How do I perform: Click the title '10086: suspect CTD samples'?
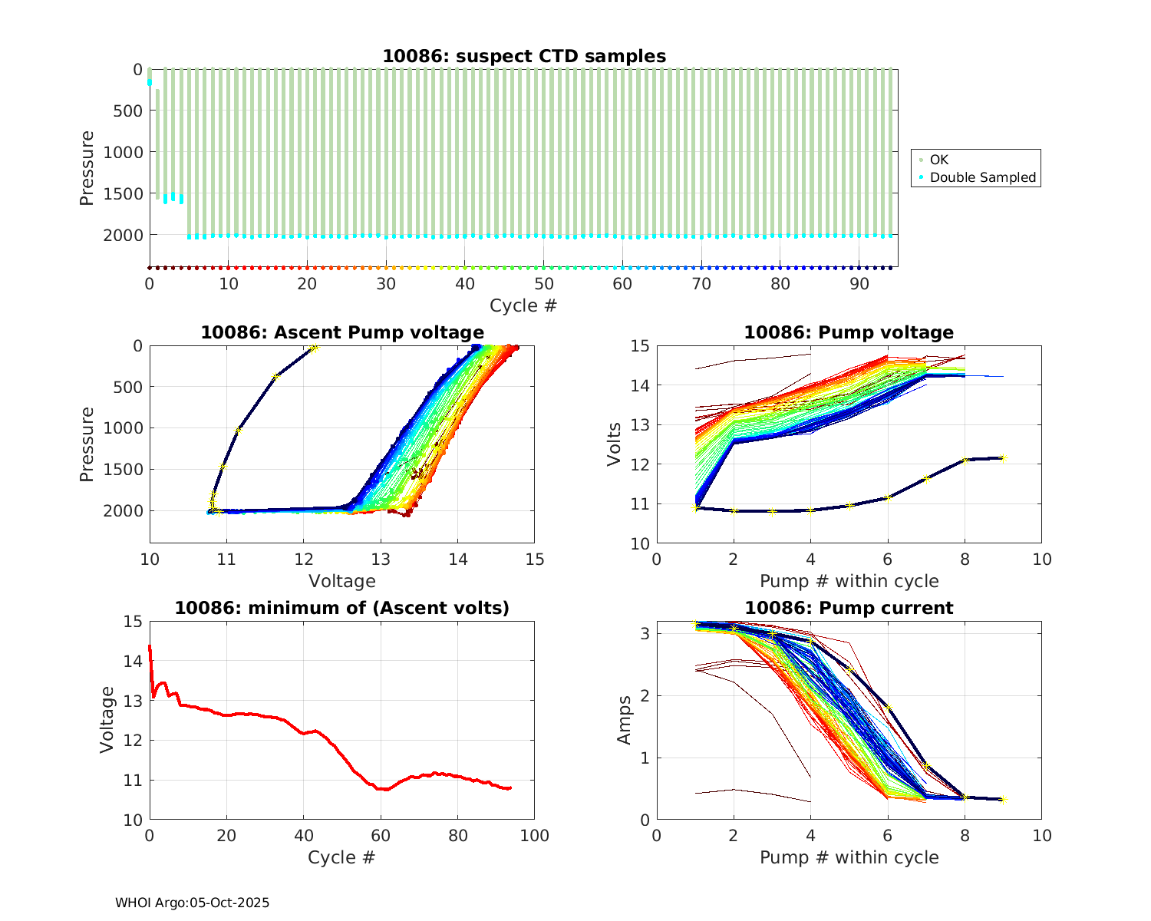tap(524, 56)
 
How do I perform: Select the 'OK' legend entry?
tap(938, 160)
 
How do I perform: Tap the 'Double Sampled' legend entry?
tap(982, 177)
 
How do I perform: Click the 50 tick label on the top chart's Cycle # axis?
tap(543, 283)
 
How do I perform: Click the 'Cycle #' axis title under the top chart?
tap(523, 305)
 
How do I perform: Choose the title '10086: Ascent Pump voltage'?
tap(342, 332)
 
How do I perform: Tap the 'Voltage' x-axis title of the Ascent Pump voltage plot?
tap(341, 581)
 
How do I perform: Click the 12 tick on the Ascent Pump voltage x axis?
tap(304, 558)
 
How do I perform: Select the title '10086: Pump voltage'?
tap(849, 332)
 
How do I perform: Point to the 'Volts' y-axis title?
tap(614, 444)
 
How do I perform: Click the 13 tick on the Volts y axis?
tap(640, 424)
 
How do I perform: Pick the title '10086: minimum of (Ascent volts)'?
tap(342, 608)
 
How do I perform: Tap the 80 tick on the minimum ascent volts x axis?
tap(457, 835)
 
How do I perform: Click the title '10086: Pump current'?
tap(849, 608)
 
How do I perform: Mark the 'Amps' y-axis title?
tap(625, 720)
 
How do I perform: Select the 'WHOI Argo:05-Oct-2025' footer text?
tap(192, 903)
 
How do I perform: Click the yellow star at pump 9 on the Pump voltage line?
tap(1003, 458)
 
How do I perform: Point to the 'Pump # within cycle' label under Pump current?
tap(849, 857)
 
